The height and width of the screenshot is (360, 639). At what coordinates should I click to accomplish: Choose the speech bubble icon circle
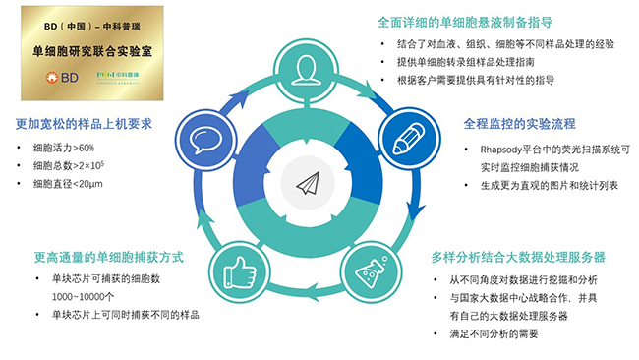(203, 138)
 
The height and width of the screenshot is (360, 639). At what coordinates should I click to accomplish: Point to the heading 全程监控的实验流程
(518, 126)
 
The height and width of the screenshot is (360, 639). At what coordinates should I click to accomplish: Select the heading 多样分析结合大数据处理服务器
(517, 258)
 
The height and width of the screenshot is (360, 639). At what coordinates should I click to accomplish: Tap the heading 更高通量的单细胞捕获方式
(109, 258)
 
